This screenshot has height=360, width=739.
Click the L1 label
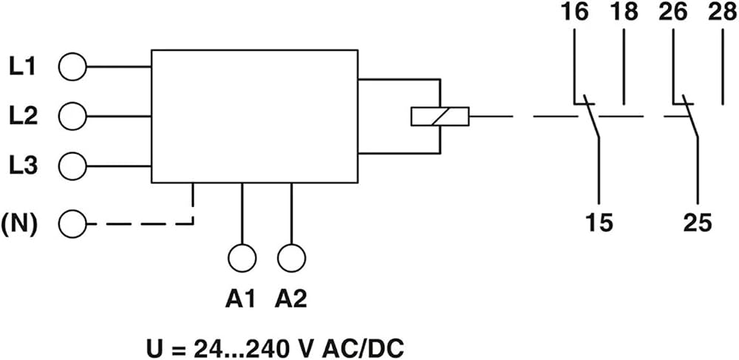tap(23, 67)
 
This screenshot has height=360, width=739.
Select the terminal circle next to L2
tap(72, 116)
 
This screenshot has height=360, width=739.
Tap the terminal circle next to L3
tap(72, 166)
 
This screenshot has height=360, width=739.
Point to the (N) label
tap(19, 224)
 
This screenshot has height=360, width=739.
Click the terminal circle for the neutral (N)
tap(72, 224)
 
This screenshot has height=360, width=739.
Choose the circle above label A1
tap(242, 258)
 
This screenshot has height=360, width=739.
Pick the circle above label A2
tap(292, 258)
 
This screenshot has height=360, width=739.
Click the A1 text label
tap(240, 299)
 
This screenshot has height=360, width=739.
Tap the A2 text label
tap(290, 299)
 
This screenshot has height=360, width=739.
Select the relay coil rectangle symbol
tap(440, 117)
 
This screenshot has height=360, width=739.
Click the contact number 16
tap(575, 13)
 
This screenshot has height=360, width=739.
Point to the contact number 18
tap(624, 13)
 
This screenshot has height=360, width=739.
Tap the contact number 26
tap(673, 13)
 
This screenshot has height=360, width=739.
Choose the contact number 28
tap(723, 13)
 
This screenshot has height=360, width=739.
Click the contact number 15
tap(599, 223)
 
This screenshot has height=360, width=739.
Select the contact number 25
tap(698, 223)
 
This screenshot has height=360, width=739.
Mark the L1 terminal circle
tap(72, 67)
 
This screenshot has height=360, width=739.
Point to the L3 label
tap(23, 166)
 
